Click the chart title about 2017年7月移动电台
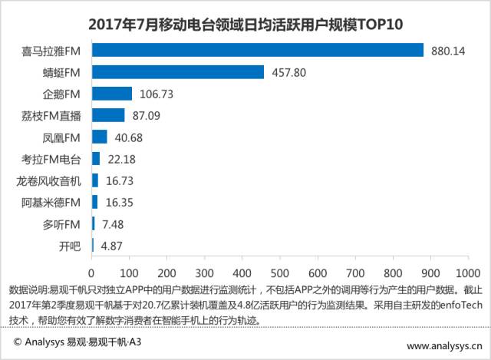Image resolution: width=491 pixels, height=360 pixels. [x=246, y=25]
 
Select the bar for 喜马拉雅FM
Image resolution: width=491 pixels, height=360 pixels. [x=257, y=50]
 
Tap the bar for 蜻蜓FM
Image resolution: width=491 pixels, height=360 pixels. [x=178, y=72]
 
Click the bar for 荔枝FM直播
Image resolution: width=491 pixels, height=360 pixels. [x=108, y=115]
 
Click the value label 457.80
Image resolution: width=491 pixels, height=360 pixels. [x=288, y=72]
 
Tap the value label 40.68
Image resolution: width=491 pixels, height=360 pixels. [x=128, y=137]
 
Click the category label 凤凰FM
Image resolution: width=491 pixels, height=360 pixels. [x=64, y=137]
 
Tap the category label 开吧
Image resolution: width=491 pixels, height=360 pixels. [x=71, y=246]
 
